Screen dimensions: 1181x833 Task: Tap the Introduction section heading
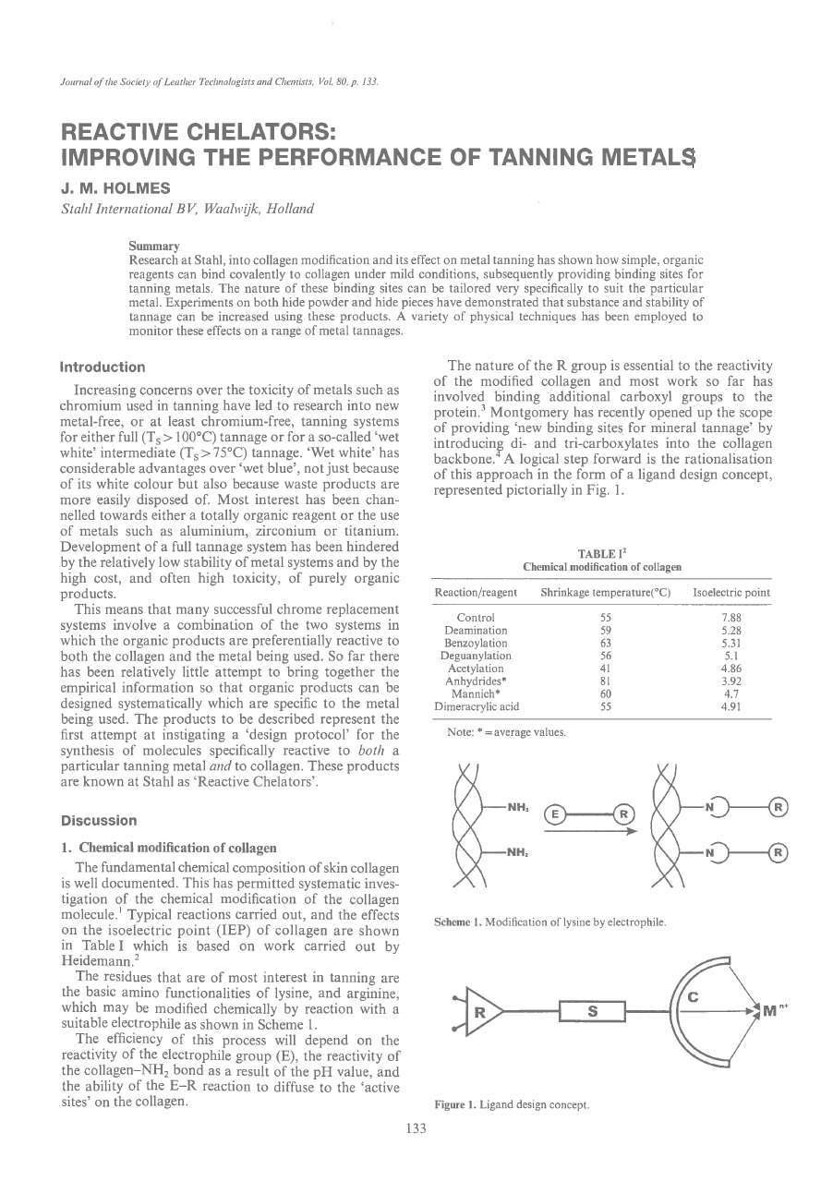pos(103,368)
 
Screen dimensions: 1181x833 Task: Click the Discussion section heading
pos(99,820)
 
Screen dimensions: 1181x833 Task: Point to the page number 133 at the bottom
pos(416,1154)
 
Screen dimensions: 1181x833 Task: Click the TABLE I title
pos(601,553)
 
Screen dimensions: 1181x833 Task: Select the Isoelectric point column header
pos(731,593)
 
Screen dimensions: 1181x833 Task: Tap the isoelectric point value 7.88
pos(731,617)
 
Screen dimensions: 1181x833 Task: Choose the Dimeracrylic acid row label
pos(477,706)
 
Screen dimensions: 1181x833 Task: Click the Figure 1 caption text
pos(512,1105)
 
